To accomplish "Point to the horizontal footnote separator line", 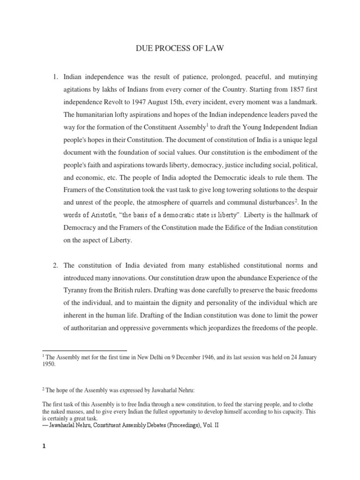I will (84, 350).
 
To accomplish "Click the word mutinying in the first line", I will (303, 76).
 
